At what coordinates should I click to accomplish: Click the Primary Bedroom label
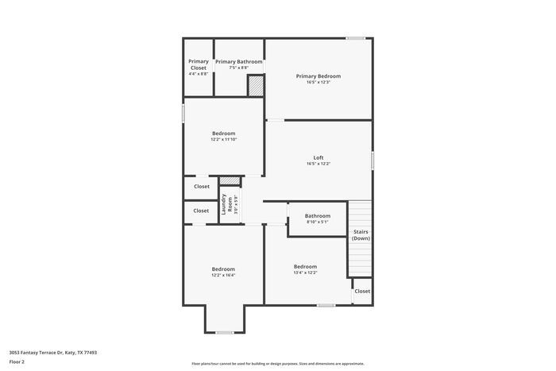coord(318,76)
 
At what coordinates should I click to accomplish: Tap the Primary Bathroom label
coord(238,61)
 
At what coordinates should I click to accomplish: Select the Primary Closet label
coord(199,64)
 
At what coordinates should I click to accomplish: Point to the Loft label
coord(318,157)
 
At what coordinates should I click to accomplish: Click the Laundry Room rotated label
coord(226,205)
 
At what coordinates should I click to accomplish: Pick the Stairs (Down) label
coord(361,235)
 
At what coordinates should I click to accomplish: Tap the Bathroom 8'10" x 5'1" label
coord(318,216)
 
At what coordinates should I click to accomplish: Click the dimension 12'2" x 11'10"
coord(223,140)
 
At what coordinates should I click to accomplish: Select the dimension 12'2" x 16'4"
coord(223,275)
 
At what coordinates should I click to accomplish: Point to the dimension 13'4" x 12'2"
coord(305,272)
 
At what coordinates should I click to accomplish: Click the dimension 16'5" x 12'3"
coord(318,82)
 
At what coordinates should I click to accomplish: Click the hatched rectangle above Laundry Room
coord(230,181)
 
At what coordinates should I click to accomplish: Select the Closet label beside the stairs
coord(362,291)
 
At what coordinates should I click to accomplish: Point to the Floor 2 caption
coord(17,361)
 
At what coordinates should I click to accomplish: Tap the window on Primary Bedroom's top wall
coord(355,38)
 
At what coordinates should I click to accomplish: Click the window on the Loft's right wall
coord(373,159)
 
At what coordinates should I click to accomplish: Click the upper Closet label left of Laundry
coord(202,187)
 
